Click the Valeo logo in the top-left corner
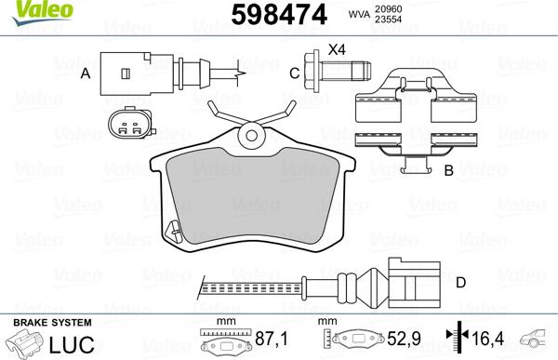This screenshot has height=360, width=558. (25, 9)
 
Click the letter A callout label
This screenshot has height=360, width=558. (85, 72)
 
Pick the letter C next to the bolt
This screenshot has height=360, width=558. (294, 73)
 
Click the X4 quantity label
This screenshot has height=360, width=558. (337, 48)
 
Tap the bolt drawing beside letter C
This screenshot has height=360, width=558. (335, 72)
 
